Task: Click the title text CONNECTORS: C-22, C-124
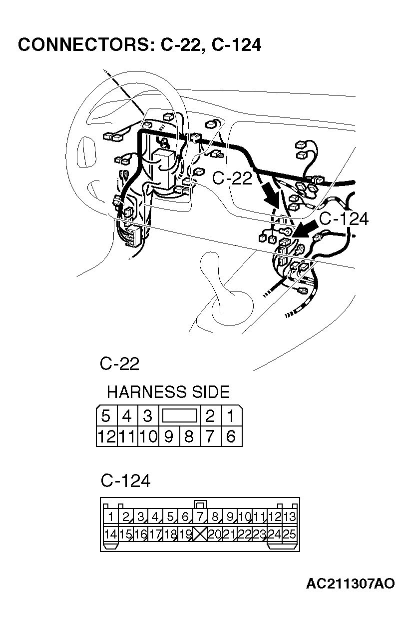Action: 139,45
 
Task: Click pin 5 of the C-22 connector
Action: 105,416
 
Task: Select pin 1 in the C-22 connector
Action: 230,416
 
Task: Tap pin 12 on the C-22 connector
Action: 106,436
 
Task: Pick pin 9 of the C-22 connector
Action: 168,436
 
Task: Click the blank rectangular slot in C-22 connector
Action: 179,415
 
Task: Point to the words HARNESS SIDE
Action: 168,391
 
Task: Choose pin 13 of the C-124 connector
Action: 289,516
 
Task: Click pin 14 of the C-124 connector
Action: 110,534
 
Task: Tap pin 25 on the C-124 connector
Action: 289,534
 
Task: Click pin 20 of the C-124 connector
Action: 215,534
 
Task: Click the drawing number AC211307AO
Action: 350,583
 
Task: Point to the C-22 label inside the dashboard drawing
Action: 232,178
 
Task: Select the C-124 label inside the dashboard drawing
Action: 344,219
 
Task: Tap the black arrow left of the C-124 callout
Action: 305,230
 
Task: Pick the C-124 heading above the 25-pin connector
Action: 125,481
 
